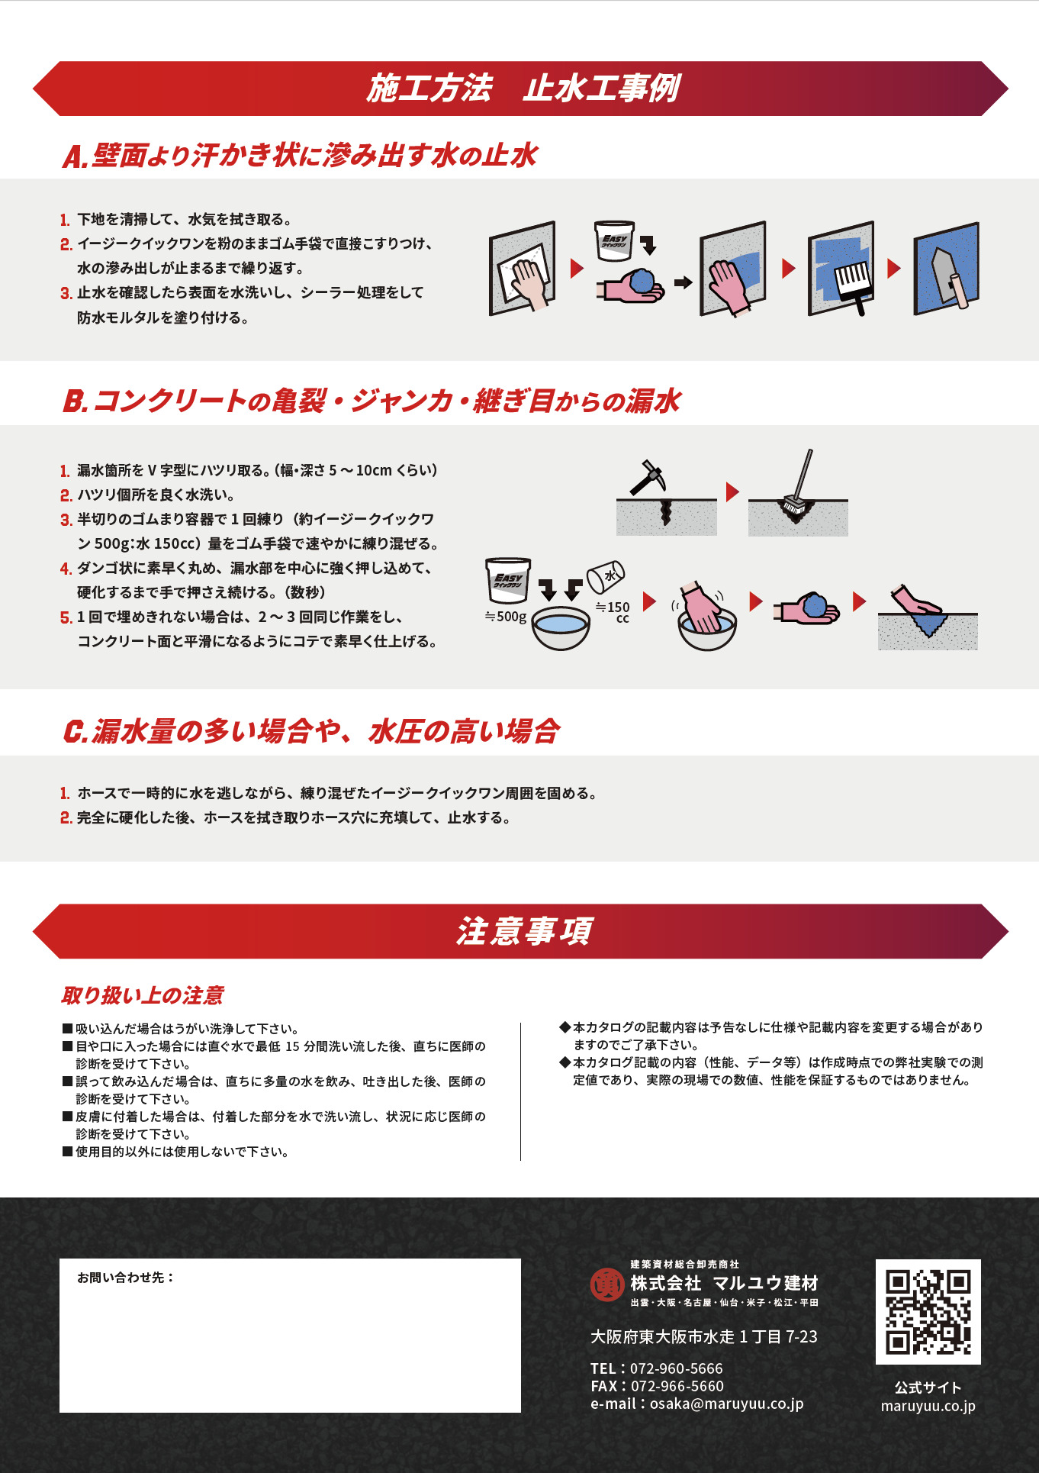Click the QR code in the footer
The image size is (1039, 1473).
coord(928,1311)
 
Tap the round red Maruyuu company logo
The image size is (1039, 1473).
coord(607,1284)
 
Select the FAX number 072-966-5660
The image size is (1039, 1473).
coord(677,1386)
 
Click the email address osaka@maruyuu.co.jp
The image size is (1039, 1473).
coord(726,1404)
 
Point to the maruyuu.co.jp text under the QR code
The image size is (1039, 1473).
coord(928,1406)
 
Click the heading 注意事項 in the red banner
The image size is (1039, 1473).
coord(524,932)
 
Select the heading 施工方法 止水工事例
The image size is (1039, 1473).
coord(523,89)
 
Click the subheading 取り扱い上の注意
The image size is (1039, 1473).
coord(143,995)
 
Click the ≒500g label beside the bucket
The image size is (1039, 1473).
coord(506,617)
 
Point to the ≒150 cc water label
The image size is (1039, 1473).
coord(613,611)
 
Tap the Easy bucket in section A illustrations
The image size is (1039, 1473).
coord(614,240)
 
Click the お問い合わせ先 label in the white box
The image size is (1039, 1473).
coord(125,1278)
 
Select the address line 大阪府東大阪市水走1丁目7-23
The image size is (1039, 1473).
coord(703,1336)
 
